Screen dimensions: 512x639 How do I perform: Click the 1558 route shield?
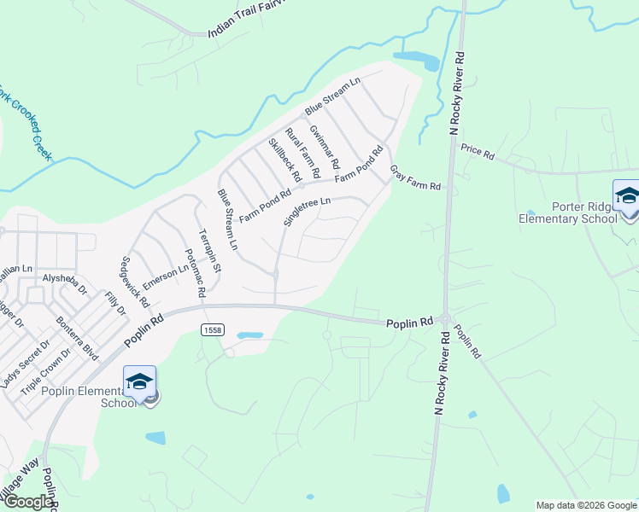(213, 329)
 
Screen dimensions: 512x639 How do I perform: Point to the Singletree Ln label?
(306, 207)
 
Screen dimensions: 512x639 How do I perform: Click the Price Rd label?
(478, 153)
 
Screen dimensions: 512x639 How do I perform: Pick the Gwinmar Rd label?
(325, 146)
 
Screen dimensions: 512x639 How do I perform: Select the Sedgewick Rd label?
(135, 282)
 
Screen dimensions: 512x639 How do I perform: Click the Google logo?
(27, 503)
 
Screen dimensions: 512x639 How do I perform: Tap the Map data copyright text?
(585, 505)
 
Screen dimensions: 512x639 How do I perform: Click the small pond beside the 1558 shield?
(249, 335)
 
